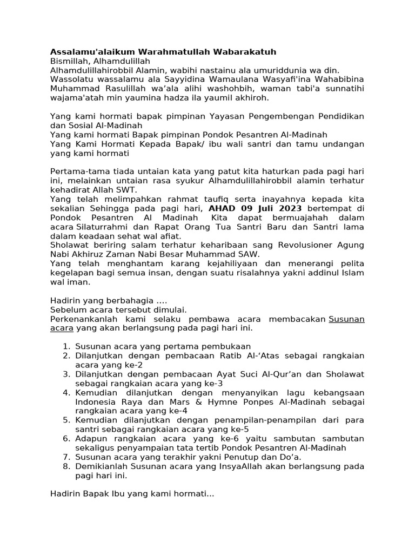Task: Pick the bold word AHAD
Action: coord(222,208)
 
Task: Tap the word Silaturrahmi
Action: coord(103,227)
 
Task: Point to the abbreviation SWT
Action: coord(128,190)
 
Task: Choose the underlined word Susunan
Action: coord(347,319)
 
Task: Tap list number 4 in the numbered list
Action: coord(66,393)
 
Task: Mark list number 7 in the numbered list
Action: coord(66,457)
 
